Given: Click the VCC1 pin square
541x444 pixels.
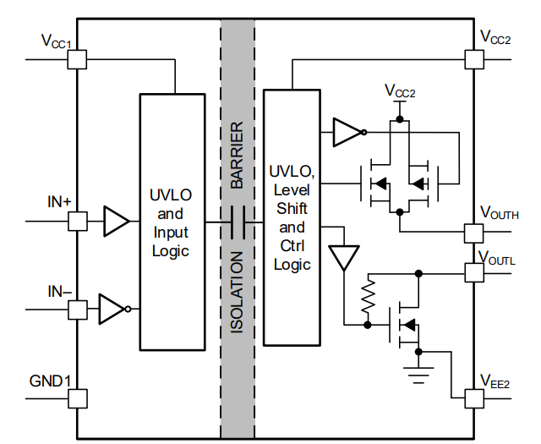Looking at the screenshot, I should tap(77, 59).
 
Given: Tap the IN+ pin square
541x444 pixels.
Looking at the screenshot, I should tap(77, 222).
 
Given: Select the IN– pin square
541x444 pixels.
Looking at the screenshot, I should tap(77, 309).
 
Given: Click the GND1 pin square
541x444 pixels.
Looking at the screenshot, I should tap(77, 398).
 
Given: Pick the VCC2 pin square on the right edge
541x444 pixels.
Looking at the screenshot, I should tap(473, 59).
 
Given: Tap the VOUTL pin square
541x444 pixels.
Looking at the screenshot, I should tap(473, 273).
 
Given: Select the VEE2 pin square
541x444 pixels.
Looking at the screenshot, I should tap(473, 397).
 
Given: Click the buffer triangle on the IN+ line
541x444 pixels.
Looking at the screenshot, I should tap(116, 222).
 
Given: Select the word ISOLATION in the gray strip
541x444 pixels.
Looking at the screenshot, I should tap(238, 291).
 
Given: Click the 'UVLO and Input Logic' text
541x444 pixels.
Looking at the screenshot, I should tap(172, 222).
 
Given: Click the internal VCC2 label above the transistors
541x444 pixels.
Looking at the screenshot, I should tap(400, 90).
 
